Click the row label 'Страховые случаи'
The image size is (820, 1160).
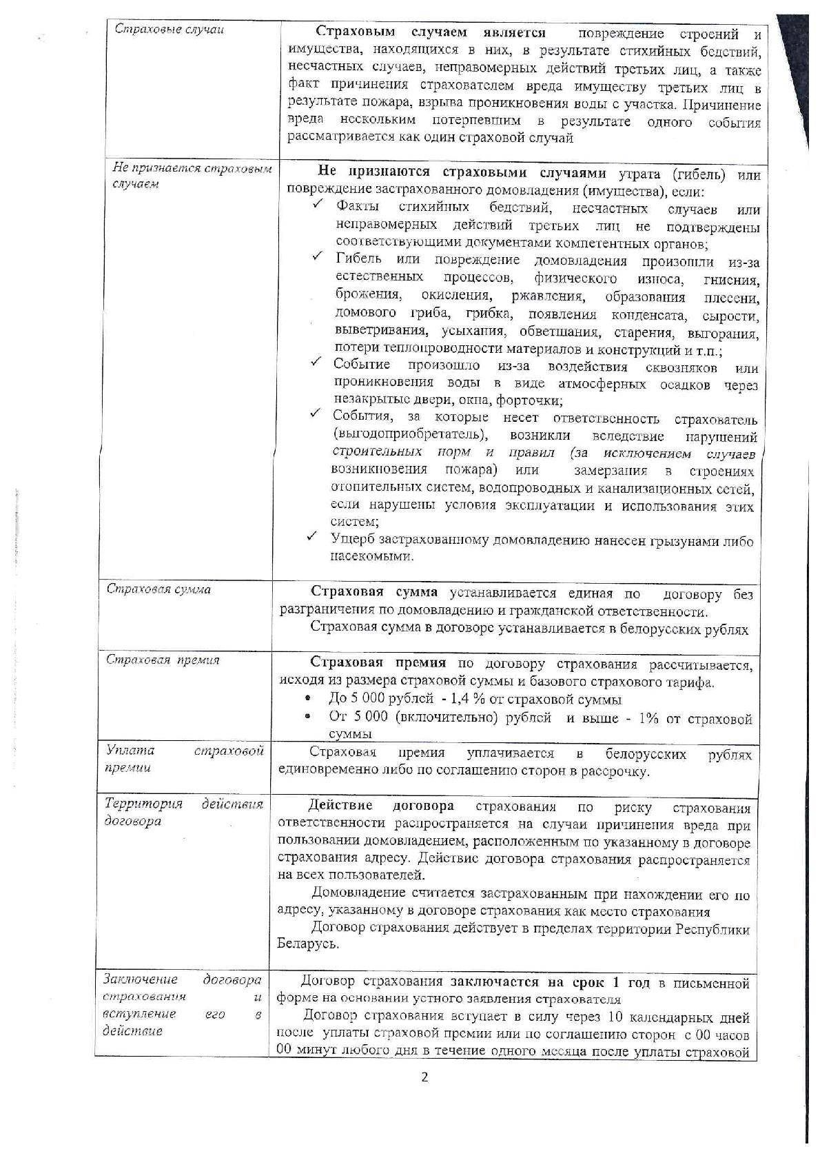click(168, 30)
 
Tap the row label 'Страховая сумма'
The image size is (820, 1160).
click(158, 589)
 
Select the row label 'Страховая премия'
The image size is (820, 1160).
click(163, 660)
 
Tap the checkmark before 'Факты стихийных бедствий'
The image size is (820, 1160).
click(318, 205)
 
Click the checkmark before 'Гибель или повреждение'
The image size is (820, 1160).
click(318, 256)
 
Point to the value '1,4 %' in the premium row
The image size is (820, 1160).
click(451, 700)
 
